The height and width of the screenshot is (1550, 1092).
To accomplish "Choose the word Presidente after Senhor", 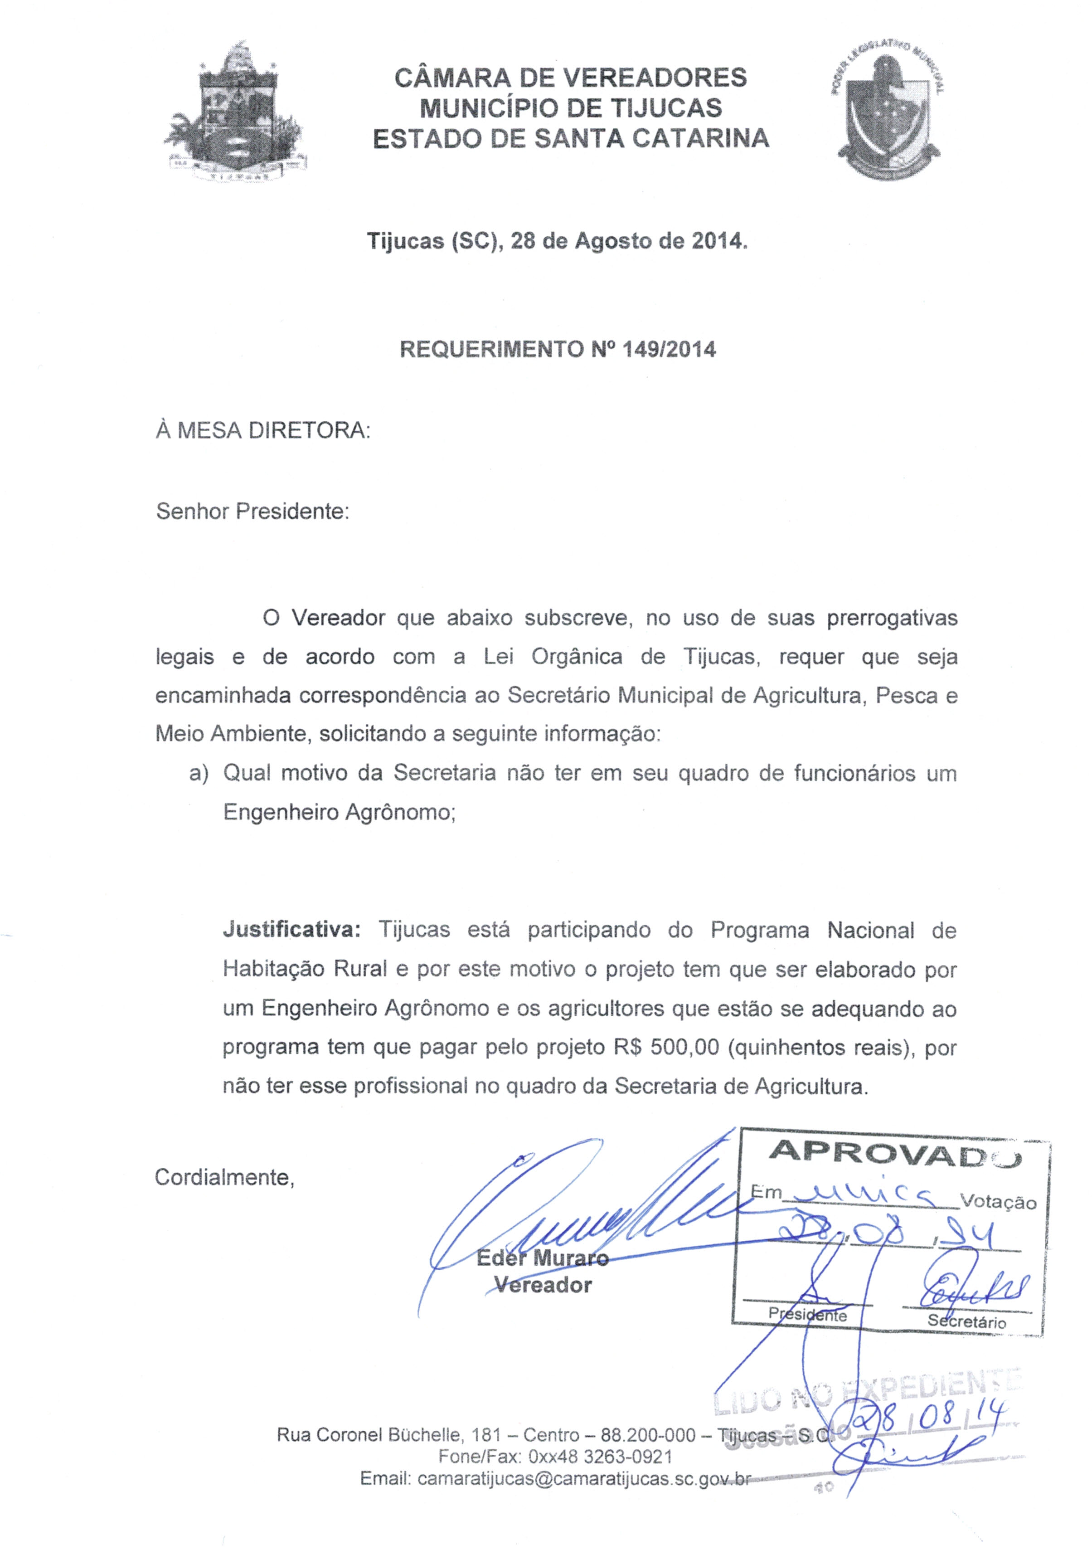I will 292,511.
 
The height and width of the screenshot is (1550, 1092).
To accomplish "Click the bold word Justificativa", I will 291,930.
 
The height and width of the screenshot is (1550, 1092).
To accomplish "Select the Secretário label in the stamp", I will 966,1321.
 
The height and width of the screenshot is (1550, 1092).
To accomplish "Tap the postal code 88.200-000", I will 647,1434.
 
